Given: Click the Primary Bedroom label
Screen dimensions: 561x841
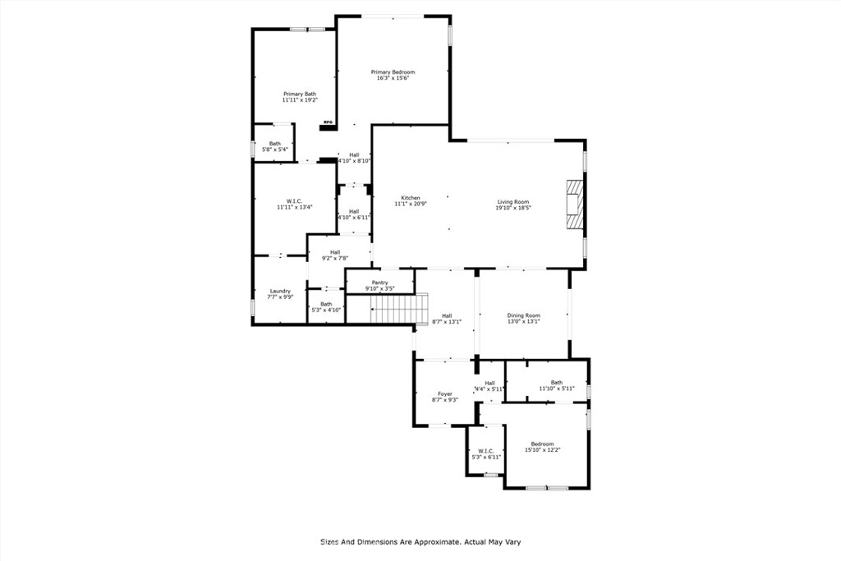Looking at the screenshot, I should click(x=393, y=72).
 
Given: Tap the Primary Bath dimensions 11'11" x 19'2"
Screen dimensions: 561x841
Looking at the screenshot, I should click(x=300, y=100).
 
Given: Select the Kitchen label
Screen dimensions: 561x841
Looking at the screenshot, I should click(x=411, y=198).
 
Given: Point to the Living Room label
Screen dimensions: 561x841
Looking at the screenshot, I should click(x=513, y=202).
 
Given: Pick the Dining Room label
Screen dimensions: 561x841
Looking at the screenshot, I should click(x=523, y=315).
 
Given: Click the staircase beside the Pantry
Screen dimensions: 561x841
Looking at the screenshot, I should click(x=395, y=310).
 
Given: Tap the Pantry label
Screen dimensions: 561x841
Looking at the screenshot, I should click(x=379, y=283).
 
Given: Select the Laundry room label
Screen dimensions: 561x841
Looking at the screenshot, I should click(x=280, y=291).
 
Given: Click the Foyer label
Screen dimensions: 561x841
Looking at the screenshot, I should click(x=444, y=393).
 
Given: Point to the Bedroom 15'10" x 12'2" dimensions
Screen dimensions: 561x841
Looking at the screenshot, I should click(x=542, y=450).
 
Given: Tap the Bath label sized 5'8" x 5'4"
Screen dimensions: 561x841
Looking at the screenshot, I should click(x=274, y=144).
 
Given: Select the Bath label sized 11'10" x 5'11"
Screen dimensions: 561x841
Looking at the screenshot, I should click(x=557, y=382).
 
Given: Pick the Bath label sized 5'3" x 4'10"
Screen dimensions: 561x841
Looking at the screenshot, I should click(x=327, y=304).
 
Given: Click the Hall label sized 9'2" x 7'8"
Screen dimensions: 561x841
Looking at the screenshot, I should click(x=335, y=252).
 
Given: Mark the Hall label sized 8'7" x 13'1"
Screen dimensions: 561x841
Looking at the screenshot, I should click(x=447, y=315).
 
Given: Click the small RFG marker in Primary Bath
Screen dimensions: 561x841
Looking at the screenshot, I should click(x=327, y=123).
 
